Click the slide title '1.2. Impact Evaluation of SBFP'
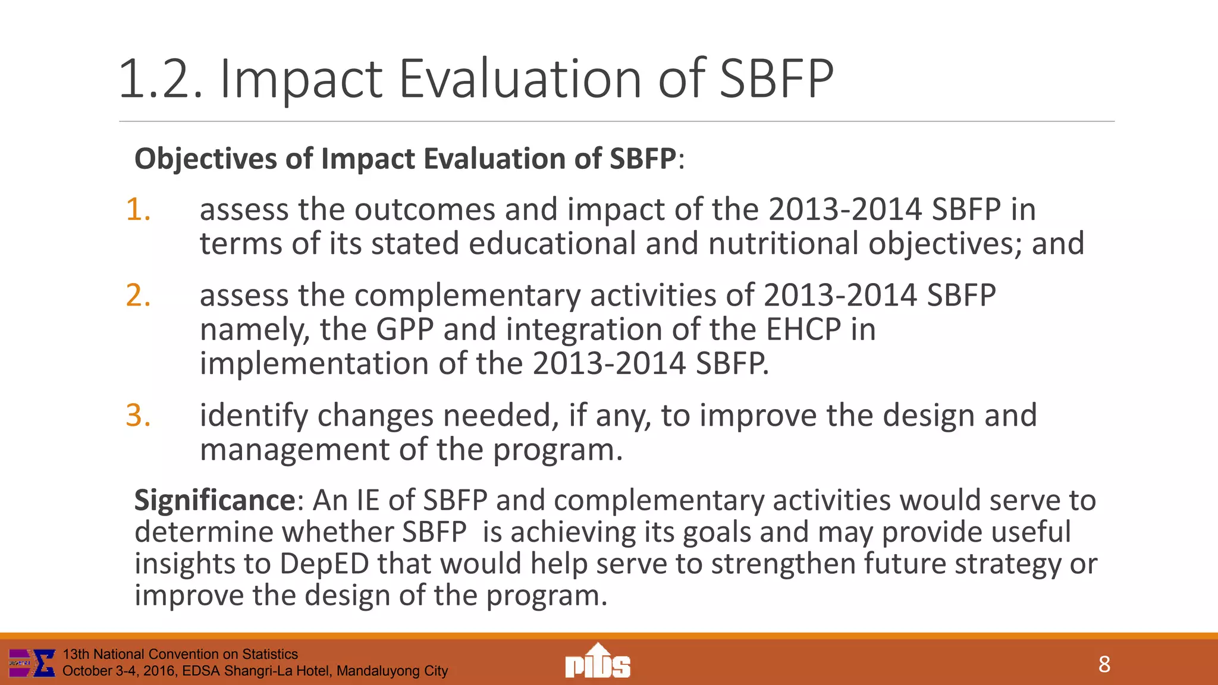476,78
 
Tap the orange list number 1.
138,210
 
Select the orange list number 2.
138,296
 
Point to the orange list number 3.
138,416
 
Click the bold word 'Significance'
215,501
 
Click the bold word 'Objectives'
205,159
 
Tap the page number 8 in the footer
1104,664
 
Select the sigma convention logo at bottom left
33,663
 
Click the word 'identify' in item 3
253,416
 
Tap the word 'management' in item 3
294,450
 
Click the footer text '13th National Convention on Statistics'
180,654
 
